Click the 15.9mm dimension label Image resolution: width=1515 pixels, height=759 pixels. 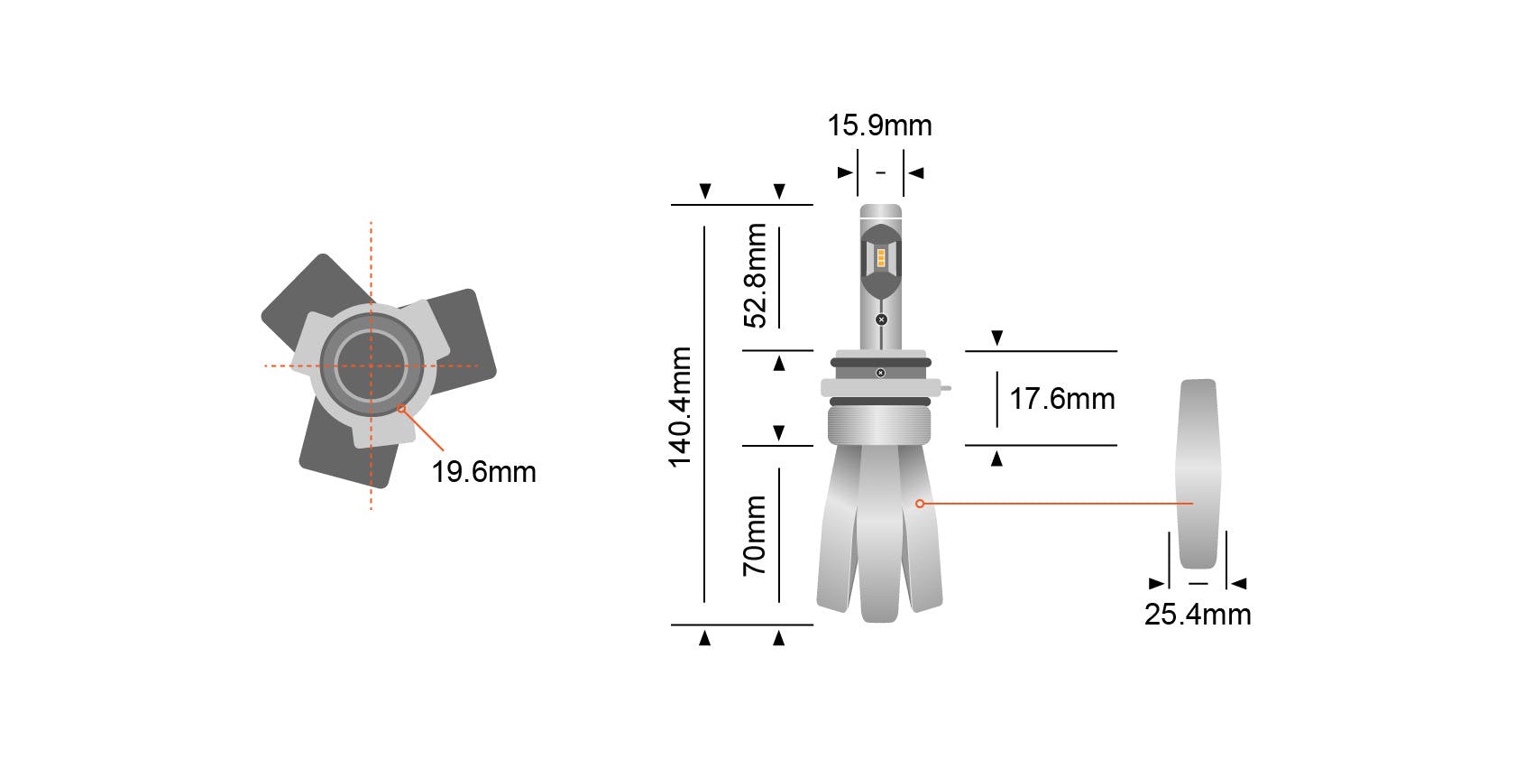879,125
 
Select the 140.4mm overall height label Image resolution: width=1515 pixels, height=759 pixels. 680,407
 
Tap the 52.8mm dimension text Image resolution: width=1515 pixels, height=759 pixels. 756,275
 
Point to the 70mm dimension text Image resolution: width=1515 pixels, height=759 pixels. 755,535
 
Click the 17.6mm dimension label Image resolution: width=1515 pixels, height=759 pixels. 1061,399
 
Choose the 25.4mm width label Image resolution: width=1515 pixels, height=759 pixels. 1197,615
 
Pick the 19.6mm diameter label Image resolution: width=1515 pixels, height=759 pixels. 483,472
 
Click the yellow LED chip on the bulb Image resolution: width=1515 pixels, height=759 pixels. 881,257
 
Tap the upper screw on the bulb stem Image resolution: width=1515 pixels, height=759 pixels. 881,319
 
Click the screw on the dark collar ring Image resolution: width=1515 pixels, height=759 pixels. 880,373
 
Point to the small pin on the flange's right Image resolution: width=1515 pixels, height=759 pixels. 944,388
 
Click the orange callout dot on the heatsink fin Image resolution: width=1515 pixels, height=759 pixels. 919,503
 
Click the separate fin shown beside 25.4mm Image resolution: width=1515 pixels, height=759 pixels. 1197,474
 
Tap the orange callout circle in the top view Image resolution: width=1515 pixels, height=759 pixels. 402,410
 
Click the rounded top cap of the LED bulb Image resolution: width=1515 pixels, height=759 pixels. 880,213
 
